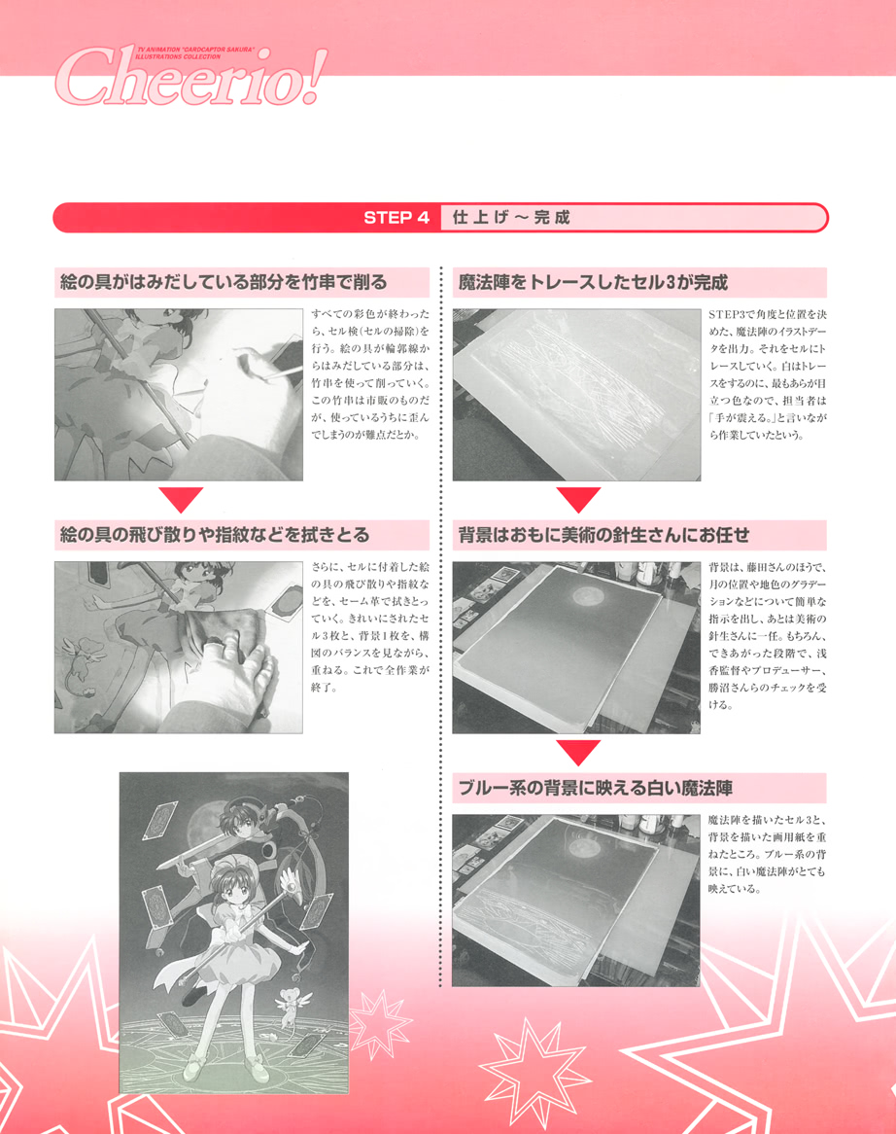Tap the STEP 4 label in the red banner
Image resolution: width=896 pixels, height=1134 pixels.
tap(396, 218)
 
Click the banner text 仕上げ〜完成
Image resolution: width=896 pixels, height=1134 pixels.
tap(511, 218)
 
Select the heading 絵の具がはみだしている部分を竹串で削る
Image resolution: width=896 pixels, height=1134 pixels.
tap(224, 283)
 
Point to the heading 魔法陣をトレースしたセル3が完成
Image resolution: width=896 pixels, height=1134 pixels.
tap(593, 283)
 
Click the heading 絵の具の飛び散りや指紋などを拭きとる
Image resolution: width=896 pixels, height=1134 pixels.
tap(214, 536)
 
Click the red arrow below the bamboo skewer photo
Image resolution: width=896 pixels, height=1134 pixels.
tap(180, 500)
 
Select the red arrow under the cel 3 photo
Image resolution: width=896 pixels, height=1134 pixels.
tap(579, 500)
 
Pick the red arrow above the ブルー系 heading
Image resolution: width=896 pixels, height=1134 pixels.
tap(579, 753)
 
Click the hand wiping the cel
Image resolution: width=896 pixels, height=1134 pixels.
tap(233, 671)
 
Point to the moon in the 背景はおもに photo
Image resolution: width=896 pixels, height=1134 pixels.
tap(589, 592)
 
